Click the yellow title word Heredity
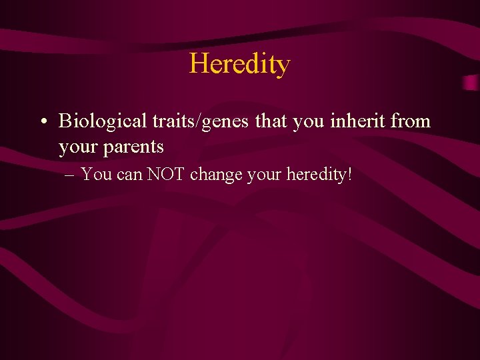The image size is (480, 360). [239, 64]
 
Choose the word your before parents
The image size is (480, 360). [78, 147]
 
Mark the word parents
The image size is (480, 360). [133, 147]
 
